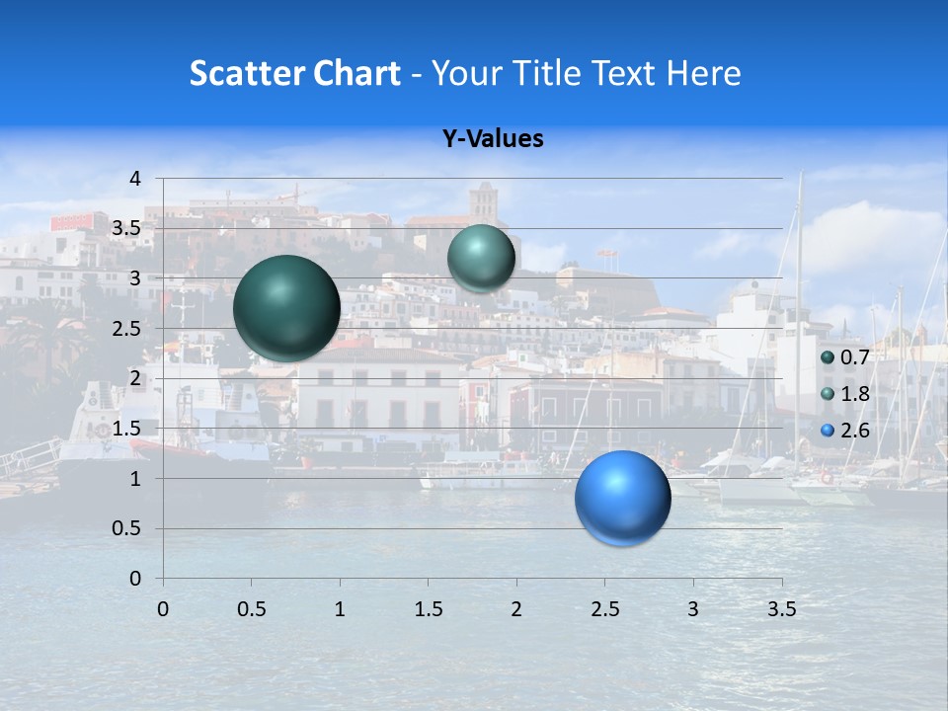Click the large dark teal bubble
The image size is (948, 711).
click(x=287, y=308)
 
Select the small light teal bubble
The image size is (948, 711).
click(x=481, y=259)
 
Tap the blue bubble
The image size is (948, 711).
click(x=623, y=498)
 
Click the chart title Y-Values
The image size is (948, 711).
click(x=492, y=139)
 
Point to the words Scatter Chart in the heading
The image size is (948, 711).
click(x=294, y=73)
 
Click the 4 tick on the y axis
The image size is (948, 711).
click(x=136, y=179)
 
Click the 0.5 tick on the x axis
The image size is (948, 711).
click(x=251, y=609)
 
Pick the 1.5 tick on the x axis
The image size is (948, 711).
click(x=428, y=609)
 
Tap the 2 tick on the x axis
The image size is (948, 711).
click(x=516, y=609)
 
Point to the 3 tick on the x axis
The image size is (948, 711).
click(x=693, y=609)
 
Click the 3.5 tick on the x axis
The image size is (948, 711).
click(x=781, y=609)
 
